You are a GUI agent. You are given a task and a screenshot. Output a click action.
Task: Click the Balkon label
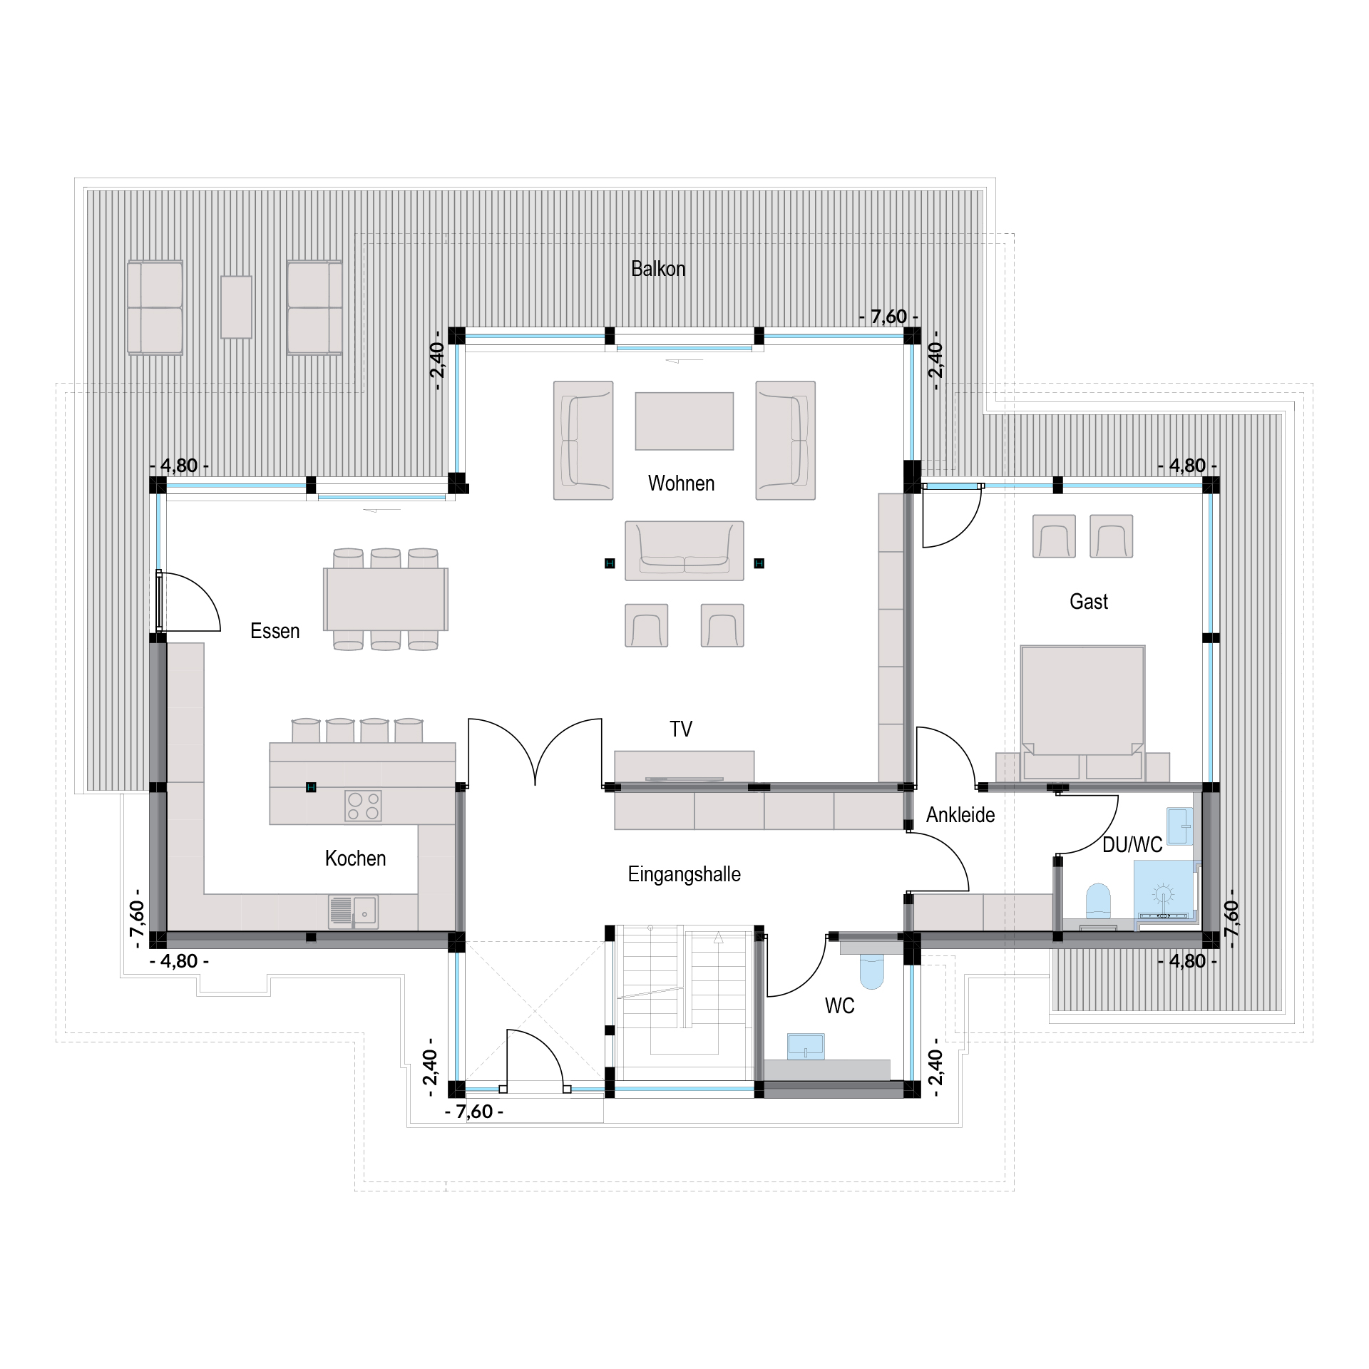coord(658,269)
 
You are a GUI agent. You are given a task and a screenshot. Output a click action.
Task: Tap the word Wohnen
coord(681,483)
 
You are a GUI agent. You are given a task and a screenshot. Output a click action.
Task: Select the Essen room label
coord(275,631)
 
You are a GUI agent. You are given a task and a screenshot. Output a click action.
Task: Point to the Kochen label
coord(355,858)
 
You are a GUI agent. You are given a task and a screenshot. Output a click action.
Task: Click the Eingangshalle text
coord(684,874)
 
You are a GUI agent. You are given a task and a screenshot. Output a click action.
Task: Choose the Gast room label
coord(1089,602)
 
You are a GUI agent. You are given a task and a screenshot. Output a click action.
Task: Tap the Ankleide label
coord(960,815)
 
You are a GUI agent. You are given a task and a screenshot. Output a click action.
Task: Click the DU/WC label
coord(1132,845)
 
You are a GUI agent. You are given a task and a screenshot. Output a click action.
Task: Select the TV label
coord(681,729)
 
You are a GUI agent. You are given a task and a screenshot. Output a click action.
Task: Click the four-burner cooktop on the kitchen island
coord(363,806)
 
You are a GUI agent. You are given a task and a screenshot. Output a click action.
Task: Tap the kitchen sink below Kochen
coord(353,911)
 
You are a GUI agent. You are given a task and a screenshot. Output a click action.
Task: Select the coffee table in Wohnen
coord(684,421)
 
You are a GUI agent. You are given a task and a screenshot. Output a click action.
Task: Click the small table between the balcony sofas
coord(236,307)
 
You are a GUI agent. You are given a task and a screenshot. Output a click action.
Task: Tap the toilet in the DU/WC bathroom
coord(1099,901)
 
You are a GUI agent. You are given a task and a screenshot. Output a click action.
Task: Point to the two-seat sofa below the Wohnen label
coord(684,550)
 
